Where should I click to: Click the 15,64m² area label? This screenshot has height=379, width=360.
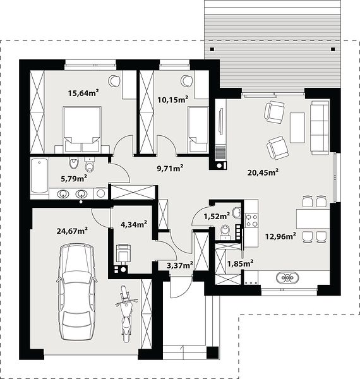point(83,93)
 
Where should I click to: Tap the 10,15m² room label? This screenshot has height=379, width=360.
point(173,99)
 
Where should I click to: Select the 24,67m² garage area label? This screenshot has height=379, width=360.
point(72,231)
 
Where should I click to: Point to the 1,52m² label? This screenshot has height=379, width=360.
point(217,216)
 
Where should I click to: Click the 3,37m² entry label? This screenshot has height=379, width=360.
point(180,265)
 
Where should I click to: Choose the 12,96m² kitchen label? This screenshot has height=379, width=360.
point(281,236)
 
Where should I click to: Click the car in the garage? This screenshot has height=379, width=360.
point(77,292)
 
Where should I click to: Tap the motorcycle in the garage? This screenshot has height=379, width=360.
point(126,313)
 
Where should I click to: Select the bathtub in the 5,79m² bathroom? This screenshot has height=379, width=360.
point(40,175)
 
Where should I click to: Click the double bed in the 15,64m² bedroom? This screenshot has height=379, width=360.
point(82,129)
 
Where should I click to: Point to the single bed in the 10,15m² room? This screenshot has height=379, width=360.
point(198,130)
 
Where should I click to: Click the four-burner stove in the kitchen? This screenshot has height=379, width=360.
point(251,220)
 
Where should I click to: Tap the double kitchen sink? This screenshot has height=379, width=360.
point(287,277)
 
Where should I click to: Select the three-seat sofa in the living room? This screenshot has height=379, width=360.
point(320,128)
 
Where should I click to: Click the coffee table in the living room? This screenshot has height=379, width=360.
point(297,128)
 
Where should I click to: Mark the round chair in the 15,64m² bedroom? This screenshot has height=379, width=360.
point(114,81)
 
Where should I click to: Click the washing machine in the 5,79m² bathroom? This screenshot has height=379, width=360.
point(100,193)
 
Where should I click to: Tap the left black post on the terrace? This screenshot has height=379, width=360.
point(212,49)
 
